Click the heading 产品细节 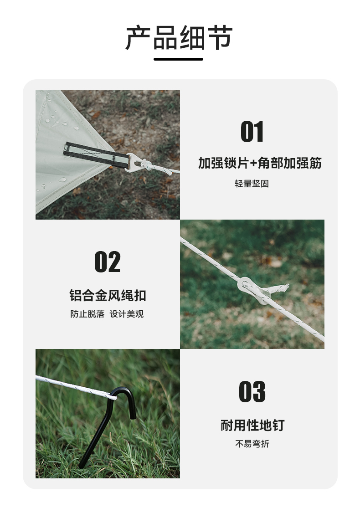pyautogui.click(x=179, y=38)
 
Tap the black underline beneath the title pyautogui.click(x=178, y=59)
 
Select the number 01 pyautogui.click(x=252, y=132)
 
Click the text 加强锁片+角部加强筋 pyautogui.click(x=260, y=163)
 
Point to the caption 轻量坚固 pyautogui.click(x=252, y=184)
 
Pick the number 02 pyautogui.click(x=108, y=262)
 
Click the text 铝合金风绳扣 pyautogui.click(x=108, y=295)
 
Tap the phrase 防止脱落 pyautogui.click(x=87, y=314)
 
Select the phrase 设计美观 pyautogui.click(x=127, y=314)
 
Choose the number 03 pyautogui.click(x=252, y=392)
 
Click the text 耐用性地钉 pyautogui.click(x=252, y=426)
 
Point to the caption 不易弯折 pyautogui.click(x=252, y=444)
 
